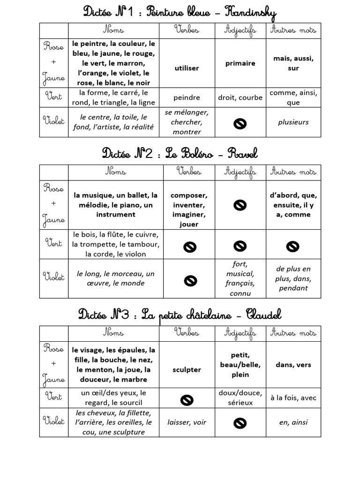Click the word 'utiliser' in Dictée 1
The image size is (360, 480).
pyautogui.click(x=186, y=68)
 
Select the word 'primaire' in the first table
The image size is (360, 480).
pyautogui.click(x=240, y=63)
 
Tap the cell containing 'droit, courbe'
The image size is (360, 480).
pyautogui.click(x=240, y=98)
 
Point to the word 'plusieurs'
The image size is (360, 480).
pyautogui.click(x=293, y=122)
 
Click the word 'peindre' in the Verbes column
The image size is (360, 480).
pyautogui.click(x=186, y=98)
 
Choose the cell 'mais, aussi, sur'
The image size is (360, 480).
pyautogui.click(x=293, y=63)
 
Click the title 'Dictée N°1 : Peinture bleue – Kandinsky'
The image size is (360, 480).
pyautogui.click(x=180, y=12)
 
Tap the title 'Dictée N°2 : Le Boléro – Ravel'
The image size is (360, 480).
pyautogui.click(x=180, y=153)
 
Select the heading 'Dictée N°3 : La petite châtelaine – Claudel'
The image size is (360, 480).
pyautogui.click(x=180, y=314)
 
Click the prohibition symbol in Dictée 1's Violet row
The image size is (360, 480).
pyautogui.click(x=240, y=123)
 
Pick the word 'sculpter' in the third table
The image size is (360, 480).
pyautogui.click(x=186, y=369)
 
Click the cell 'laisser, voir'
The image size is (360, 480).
pyautogui.click(x=186, y=422)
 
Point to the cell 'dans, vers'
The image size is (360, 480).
pyautogui.click(x=293, y=365)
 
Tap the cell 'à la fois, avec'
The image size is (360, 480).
pyautogui.click(x=293, y=397)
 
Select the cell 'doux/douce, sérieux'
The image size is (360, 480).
pyautogui.click(x=240, y=397)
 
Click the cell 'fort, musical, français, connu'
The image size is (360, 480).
pyautogui.click(x=240, y=278)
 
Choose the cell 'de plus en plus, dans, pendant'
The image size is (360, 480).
pyautogui.click(x=293, y=278)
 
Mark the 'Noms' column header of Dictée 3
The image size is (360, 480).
pyautogui.click(x=113, y=333)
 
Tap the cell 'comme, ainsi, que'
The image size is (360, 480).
pyautogui.click(x=293, y=98)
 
